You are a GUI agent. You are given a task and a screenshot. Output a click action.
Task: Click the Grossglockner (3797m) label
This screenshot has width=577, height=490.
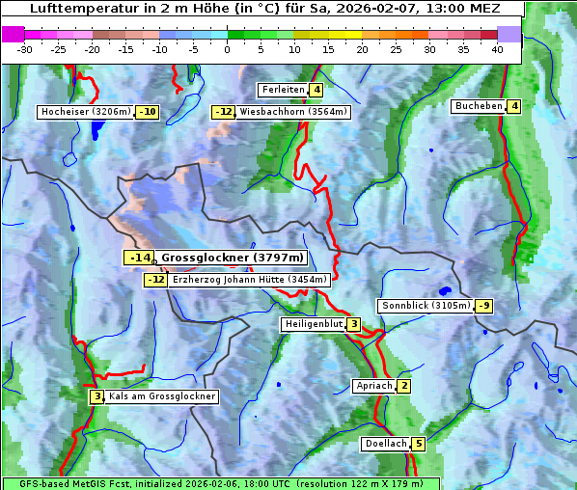232,258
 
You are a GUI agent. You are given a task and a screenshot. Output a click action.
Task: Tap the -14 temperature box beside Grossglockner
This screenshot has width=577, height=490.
139,258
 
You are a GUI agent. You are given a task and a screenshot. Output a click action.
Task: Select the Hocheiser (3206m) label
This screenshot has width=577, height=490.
86,112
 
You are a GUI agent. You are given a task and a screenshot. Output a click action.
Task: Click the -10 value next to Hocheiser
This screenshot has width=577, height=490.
148,112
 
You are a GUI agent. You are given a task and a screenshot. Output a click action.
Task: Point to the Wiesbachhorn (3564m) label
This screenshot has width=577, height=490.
293,112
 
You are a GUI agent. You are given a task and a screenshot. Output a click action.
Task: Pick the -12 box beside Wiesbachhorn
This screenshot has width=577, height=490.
223,112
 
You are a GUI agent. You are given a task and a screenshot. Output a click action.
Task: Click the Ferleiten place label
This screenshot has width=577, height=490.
284,90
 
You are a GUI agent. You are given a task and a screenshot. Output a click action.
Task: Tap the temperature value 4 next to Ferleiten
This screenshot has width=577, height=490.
317,90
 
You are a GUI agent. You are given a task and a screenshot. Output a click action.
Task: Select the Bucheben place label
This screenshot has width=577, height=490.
479,106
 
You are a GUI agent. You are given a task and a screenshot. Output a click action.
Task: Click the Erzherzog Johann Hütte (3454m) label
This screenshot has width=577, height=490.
250,280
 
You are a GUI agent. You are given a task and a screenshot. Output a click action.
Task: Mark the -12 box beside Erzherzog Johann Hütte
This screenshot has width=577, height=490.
155,280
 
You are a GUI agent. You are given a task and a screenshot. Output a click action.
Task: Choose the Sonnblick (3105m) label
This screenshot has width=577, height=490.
426,306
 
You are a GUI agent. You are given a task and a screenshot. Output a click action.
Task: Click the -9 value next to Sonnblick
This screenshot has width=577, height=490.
484,306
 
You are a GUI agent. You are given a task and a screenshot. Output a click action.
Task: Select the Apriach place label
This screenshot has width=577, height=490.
374,386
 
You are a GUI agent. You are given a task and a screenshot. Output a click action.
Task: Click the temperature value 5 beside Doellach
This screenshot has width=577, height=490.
418,444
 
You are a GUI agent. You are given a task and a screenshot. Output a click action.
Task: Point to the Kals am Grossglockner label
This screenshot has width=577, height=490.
161,396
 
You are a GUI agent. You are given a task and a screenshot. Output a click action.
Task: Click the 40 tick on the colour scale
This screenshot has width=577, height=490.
497,49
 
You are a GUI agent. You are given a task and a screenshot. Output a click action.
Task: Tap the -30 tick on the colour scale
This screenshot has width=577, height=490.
25,49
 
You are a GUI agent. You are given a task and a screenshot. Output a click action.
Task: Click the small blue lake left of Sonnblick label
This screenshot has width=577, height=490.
445,290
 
